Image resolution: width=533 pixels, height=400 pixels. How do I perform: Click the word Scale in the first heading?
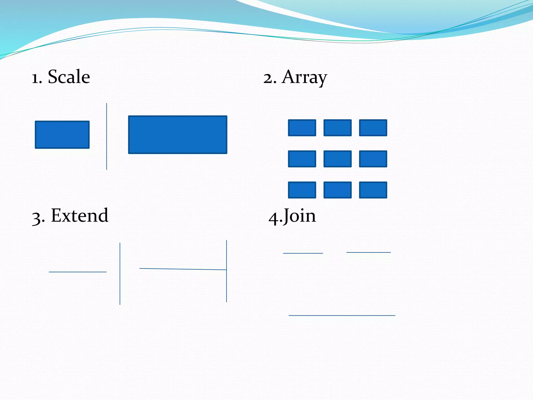[69, 77]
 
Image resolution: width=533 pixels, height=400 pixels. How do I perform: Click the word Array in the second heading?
[304, 78]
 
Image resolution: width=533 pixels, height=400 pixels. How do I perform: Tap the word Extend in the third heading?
[80, 216]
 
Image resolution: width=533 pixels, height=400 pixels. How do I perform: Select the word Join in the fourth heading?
[300, 216]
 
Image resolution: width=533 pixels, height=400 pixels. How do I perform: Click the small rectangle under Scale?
[62, 135]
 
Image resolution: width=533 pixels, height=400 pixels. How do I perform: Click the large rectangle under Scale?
[178, 135]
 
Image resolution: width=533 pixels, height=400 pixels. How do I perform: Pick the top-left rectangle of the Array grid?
[302, 128]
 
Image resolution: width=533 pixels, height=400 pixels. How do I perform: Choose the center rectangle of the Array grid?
[338, 159]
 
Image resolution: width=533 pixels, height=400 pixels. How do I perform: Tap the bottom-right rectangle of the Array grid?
[373, 190]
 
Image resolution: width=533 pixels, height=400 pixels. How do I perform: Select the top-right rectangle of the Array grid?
[373, 128]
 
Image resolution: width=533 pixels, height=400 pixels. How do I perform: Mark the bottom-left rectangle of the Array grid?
[302, 190]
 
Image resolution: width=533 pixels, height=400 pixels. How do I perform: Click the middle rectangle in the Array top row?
[338, 128]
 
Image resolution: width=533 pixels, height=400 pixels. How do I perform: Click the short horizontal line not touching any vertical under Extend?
[78, 272]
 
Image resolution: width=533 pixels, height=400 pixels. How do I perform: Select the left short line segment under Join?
[303, 253]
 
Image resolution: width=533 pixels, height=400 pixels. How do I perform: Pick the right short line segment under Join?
[369, 252]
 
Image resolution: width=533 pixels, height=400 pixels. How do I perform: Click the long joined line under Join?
[342, 315]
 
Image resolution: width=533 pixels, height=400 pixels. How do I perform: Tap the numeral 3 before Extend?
[36, 218]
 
